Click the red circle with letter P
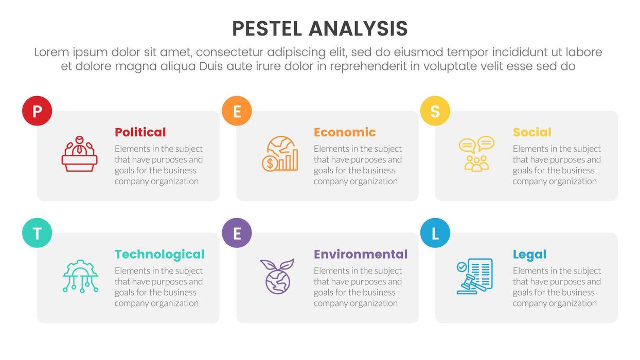click(x=37, y=111)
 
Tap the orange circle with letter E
click(x=237, y=111)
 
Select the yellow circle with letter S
click(x=435, y=111)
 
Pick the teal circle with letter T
click(x=37, y=233)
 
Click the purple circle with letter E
click(x=237, y=233)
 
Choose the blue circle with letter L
click(x=435, y=233)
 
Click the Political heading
click(x=140, y=132)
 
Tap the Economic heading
click(x=345, y=132)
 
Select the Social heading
click(x=532, y=132)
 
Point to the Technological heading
click(x=159, y=254)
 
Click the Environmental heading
click(x=361, y=254)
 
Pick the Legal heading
click(x=529, y=254)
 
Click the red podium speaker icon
click(x=80, y=154)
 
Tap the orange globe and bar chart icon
click(x=279, y=154)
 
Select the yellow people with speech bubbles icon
click(x=476, y=154)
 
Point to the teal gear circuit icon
click(x=80, y=276)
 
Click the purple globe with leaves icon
click(x=278, y=276)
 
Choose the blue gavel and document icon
click(x=474, y=276)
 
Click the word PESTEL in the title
click(x=267, y=29)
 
